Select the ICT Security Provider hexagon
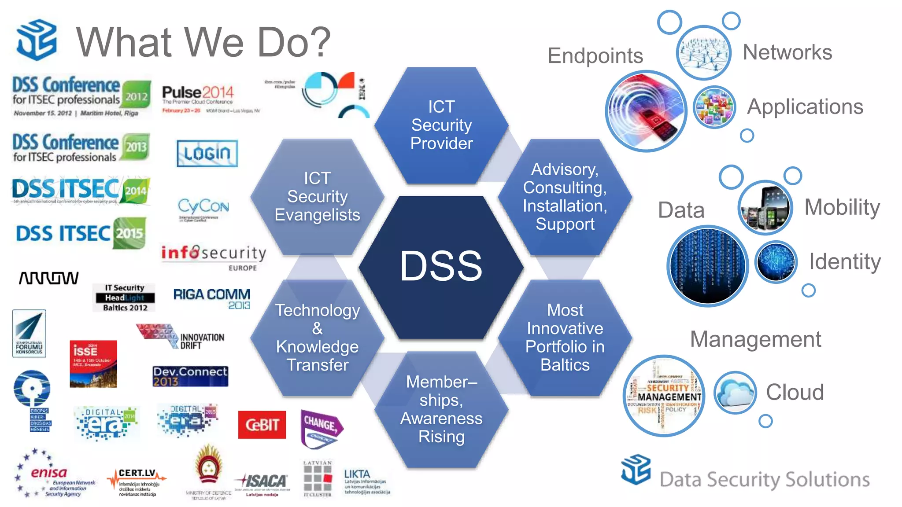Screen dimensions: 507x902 [x=441, y=125]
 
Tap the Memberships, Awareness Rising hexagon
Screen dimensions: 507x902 [x=441, y=409]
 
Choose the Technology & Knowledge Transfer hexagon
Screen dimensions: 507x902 [x=317, y=338]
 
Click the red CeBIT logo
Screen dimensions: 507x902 [x=262, y=425]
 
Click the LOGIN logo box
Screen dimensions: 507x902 [x=207, y=153]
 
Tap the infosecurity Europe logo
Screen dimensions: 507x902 [x=214, y=255]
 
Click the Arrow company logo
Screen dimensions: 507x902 [x=48, y=278]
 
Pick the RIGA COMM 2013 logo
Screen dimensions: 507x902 [x=212, y=298]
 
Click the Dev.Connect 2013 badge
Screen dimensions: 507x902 [x=190, y=376]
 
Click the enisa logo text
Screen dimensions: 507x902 [x=49, y=473]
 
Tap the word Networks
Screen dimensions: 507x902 [x=787, y=52]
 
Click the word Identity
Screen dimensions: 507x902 [x=844, y=262]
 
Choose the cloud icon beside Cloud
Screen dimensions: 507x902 [x=735, y=392]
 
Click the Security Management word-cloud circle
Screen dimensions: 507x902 [x=664, y=396]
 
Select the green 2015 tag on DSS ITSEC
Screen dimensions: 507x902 [x=129, y=233]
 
